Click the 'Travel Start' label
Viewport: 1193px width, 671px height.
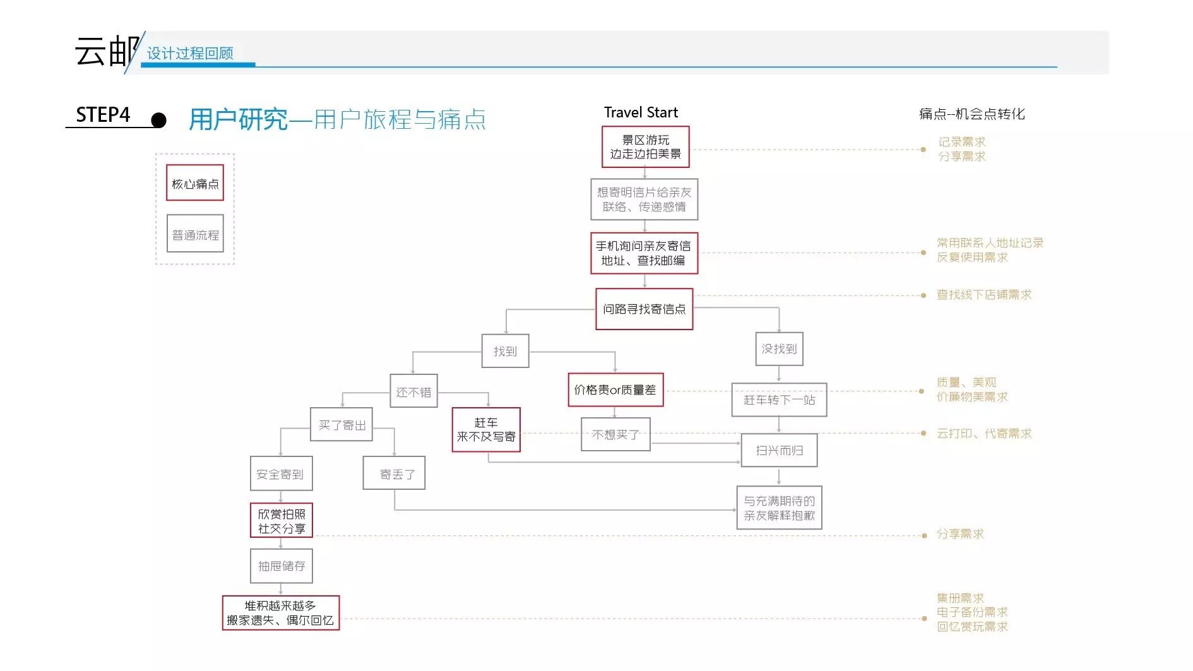pos(640,112)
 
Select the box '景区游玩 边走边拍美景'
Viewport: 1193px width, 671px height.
pos(645,147)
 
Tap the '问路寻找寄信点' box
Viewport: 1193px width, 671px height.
pos(644,309)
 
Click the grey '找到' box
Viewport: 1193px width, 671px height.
pos(505,351)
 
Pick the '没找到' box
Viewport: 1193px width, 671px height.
pos(779,349)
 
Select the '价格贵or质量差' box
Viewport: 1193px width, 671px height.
pos(615,390)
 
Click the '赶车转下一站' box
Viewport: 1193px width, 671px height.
pos(779,400)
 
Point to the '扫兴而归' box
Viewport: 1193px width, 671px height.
pos(779,450)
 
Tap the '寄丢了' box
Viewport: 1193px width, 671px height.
pos(394,473)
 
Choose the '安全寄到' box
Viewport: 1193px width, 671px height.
pos(281,473)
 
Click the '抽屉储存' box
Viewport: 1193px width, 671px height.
pos(281,566)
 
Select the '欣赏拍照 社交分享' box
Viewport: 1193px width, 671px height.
pos(281,521)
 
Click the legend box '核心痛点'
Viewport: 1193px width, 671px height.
pos(195,183)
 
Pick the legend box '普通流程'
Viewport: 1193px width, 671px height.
pos(195,234)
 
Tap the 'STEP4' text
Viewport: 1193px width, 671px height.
pos(103,115)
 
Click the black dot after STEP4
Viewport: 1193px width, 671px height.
pos(159,120)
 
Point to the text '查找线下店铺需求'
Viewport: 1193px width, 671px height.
pos(983,295)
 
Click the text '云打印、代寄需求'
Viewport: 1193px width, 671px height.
pos(983,434)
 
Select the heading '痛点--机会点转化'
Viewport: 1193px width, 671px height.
pos(971,114)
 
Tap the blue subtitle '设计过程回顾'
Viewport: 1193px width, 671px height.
pos(190,54)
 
